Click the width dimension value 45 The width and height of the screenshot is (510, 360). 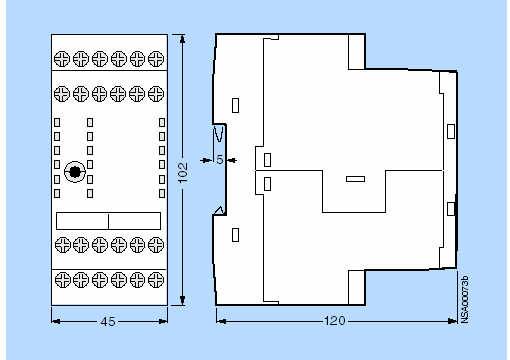[x=108, y=322]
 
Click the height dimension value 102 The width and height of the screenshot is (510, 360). [x=183, y=172]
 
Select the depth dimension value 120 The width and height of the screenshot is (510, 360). [x=335, y=321]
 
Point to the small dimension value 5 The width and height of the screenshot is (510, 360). [x=219, y=160]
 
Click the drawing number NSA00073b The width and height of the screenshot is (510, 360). [x=465, y=299]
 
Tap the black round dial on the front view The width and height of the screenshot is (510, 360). [x=75, y=172]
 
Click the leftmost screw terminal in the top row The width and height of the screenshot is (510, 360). [x=62, y=59]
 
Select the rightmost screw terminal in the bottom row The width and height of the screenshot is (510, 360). [x=156, y=280]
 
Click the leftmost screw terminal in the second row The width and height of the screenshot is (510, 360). [x=62, y=94]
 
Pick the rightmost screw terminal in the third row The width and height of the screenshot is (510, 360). [x=156, y=245]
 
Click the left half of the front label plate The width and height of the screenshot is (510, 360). [x=82, y=221]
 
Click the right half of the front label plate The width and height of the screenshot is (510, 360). [x=135, y=221]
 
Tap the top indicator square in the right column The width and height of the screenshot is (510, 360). [x=162, y=122]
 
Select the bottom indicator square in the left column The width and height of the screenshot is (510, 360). [x=57, y=193]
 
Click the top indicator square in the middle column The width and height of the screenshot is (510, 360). [x=90, y=122]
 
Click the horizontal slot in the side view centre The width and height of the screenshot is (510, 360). [x=355, y=179]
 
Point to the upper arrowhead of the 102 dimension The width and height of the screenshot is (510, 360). [x=182, y=39]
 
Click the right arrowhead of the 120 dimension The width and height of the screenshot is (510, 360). [x=453, y=321]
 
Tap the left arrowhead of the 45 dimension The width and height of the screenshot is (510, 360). [x=56, y=321]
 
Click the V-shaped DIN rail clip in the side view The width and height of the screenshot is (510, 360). [x=219, y=134]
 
